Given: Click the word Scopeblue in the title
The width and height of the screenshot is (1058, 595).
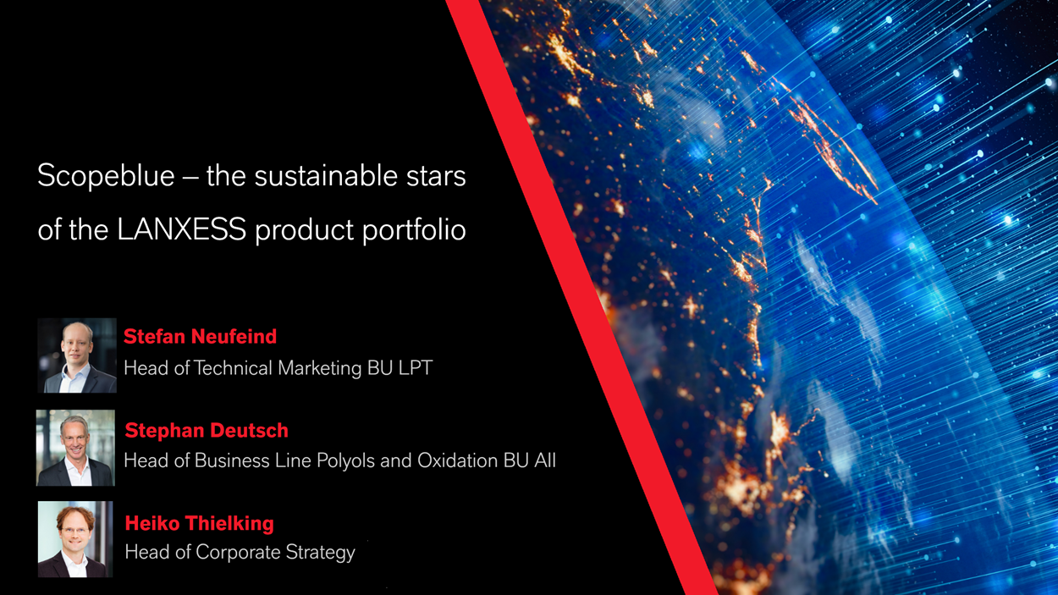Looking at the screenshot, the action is click(107, 177).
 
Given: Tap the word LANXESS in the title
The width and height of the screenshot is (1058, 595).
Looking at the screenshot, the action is click(182, 229).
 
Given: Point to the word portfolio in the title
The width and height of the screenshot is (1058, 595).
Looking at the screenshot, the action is click(414, 230).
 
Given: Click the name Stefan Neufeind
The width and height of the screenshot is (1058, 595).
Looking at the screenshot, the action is click(200, 337).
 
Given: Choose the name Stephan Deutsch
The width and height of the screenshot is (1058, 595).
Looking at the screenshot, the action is click(207, 431).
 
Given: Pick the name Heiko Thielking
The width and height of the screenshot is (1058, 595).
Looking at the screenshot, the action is click(199, 524).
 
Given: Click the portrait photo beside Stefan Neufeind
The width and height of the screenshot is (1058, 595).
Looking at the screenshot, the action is click(77, 355).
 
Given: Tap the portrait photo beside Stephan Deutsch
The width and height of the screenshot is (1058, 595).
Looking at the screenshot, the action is click(75, 448).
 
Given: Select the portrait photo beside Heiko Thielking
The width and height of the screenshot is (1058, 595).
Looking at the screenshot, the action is click(75, 539).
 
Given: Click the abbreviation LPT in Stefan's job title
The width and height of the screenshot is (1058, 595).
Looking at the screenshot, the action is click(416, 368).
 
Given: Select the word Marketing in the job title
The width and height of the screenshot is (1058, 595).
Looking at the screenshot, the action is click(320, 369).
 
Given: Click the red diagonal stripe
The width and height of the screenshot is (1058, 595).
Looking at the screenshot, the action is click(581, 298).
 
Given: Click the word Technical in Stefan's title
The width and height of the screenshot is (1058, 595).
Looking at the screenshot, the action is click(234, 368).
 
